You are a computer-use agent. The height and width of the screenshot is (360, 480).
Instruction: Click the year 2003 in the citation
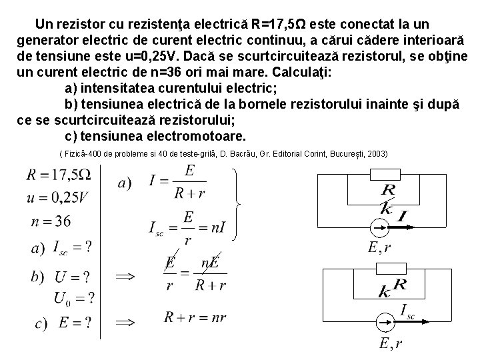click(376, 154)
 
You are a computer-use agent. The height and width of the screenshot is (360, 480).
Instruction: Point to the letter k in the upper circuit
click(387, 208)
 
